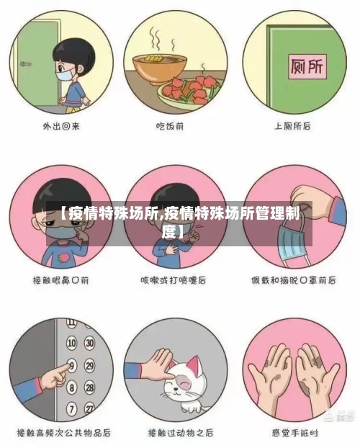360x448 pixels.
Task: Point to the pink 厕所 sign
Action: [x=305, y=68]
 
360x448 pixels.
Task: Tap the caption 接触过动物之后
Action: [x=180, y=433]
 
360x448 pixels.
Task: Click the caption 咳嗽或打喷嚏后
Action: [x=180, y=279]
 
